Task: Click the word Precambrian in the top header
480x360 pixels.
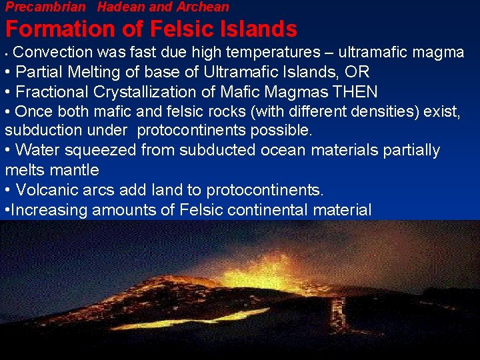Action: pyautogui.click(x=46, y=7)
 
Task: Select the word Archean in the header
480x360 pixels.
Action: pyautogui.click(x=203, y=7)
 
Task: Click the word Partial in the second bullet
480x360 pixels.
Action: pyautogui.click(x=39, y=72)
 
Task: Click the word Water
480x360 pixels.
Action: pyautogui.click(x=37, y=151)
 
